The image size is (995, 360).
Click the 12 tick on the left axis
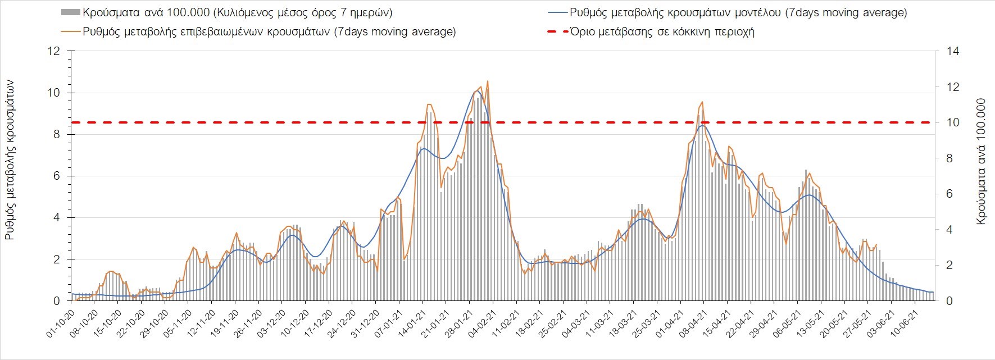[54, 51]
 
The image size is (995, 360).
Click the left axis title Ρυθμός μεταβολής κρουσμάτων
[10, 160]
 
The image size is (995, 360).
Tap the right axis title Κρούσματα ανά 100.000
[982, 162]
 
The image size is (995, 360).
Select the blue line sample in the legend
[556, 12]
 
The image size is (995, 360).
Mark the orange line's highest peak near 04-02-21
[487, 81]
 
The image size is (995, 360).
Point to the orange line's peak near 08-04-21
[702, 102]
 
